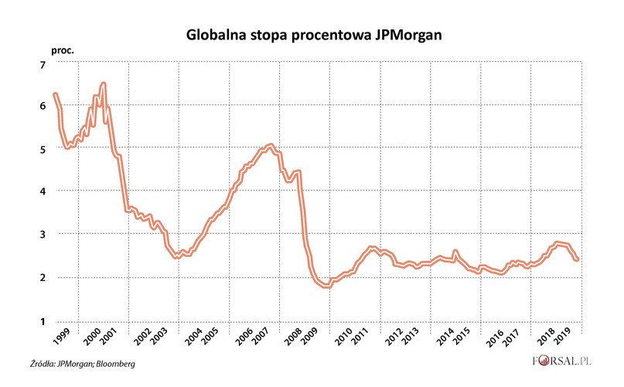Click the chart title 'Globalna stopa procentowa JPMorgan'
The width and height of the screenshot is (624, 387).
pos(312,35)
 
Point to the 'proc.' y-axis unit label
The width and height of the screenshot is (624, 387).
pos(63,50)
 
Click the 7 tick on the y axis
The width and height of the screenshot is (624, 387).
pos(43,63)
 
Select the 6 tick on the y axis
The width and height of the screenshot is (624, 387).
pos(43,106)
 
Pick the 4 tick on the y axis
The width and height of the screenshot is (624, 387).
pos(43,192)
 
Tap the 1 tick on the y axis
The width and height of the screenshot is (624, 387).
pos(43,321)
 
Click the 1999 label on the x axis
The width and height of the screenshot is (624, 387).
pos(61,338)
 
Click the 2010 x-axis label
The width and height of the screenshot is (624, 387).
pos(344,338)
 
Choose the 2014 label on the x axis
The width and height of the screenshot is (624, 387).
pos(448,338)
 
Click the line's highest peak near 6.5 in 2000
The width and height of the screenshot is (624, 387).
pos(103,84)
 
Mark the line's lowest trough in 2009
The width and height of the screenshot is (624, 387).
pos(326,286)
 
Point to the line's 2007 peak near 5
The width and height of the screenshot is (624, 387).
pos(269,146)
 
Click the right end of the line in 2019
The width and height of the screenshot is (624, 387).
pos(577,259)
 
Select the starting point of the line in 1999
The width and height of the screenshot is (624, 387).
pos(54,94)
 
